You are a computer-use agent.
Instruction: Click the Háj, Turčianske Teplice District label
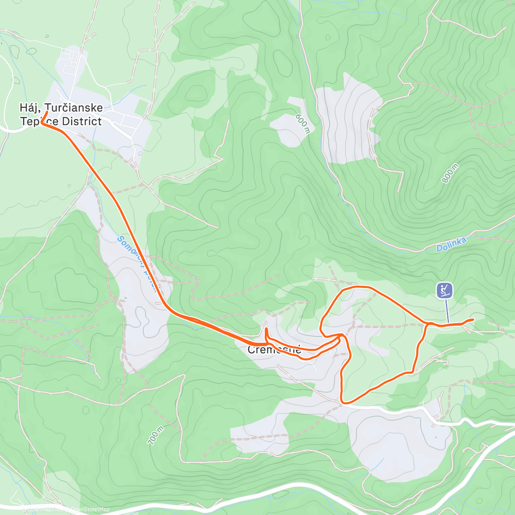(x=61, y=114)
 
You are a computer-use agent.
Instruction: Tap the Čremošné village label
(x=275, y=350)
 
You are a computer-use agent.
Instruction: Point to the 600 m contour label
(x=302, y=124)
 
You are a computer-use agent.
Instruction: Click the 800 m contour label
(x=450, y=173)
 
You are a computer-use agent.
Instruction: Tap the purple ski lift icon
(x=445, y=291)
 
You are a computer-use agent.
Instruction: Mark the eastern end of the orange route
(x=473, y=319)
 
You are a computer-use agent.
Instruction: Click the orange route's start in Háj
(x=46, y=112)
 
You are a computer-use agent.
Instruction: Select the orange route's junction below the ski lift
(x=428, y=324)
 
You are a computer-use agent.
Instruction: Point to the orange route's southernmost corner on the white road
(x=342, y=403)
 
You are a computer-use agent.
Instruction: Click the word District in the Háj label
(x=82, y=121)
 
